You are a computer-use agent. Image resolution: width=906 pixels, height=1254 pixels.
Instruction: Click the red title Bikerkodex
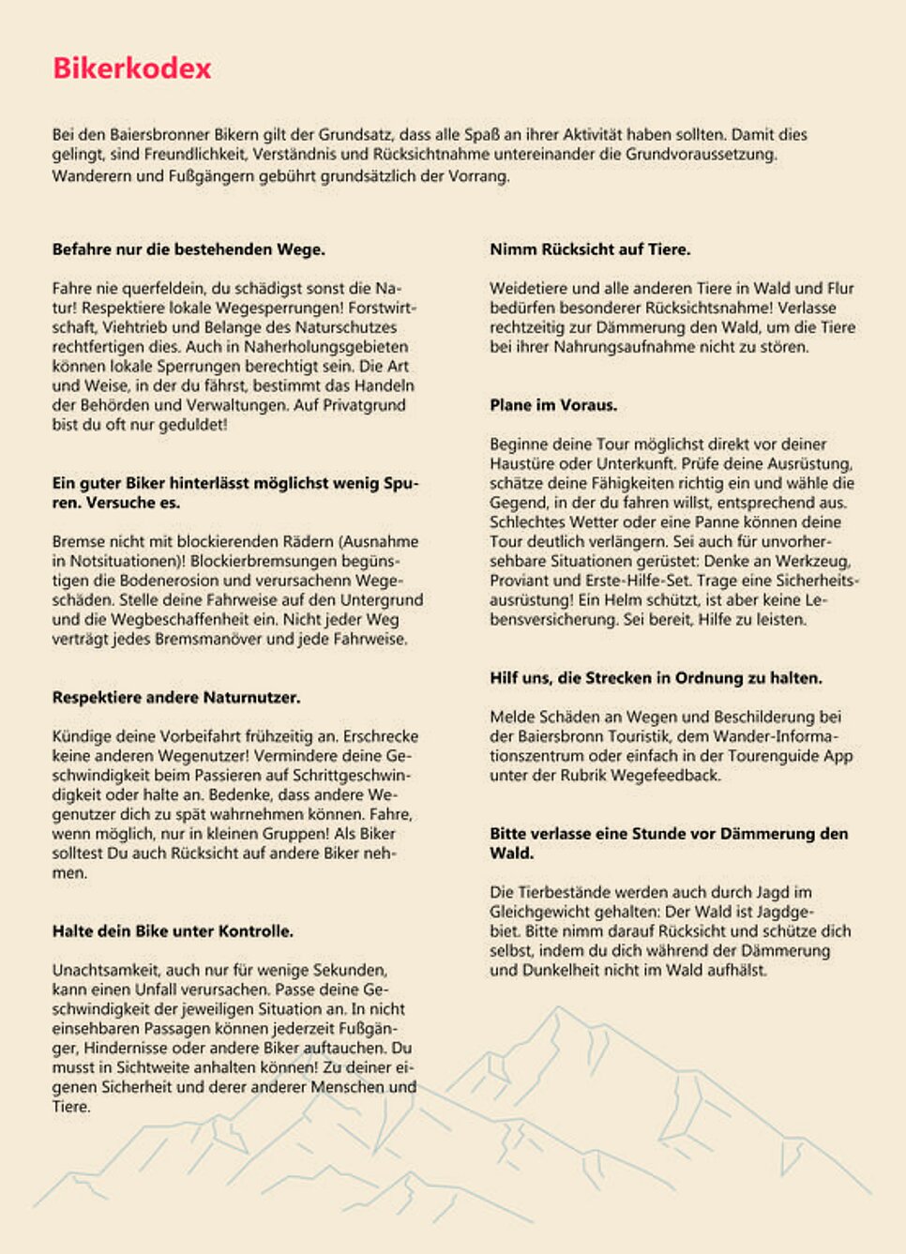[x=132, y=68]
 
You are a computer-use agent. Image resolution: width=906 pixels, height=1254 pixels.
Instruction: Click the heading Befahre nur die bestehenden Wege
[x=189, y=249]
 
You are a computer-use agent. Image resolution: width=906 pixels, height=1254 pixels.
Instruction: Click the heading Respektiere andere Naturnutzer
[x=176, y=698]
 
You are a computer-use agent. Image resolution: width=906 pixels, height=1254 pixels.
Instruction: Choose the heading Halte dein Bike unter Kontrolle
[x=173, y=931]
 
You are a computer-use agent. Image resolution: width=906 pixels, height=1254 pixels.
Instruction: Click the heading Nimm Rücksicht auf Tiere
[x=590, y=249]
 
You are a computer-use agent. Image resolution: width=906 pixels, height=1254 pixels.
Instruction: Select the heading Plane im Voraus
[x=553, y=405]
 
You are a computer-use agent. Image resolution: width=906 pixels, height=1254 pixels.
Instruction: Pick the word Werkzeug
[x=815, y=561]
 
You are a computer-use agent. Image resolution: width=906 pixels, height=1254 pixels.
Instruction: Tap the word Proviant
[x=521, y=581]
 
